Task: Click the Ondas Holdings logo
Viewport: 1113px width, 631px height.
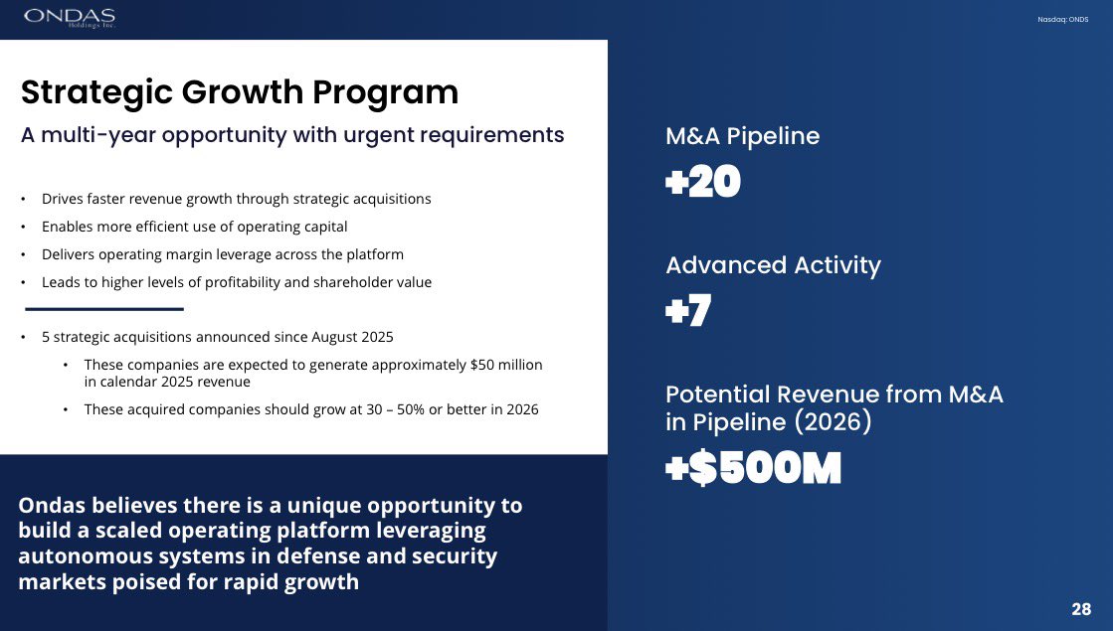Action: tap(70, 18)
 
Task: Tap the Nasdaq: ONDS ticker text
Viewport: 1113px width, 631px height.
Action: tap(1063, 20)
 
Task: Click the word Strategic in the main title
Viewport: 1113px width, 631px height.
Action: tap(95, 92)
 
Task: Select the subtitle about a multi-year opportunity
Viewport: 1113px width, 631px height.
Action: tap(292, 135)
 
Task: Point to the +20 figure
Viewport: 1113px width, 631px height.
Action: tap(703, 183)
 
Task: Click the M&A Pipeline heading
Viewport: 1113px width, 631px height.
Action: tap(742, 136)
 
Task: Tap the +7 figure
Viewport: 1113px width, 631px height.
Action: tap(688, 311)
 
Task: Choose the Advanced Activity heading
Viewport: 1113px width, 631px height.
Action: tap(773, 265)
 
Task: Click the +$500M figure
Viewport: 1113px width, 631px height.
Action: tap(753, 469)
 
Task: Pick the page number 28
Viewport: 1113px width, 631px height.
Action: tap(1081, 609)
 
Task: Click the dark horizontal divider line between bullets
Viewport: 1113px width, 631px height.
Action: tap(104, 309)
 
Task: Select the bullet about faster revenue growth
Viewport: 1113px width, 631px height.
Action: tap(236, 199)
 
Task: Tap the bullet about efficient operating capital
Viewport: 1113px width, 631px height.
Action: tap(194, 227)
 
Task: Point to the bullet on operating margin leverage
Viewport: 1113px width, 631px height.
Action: tap(222, 254)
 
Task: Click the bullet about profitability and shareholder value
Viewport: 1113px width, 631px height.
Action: tap(236, 282)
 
